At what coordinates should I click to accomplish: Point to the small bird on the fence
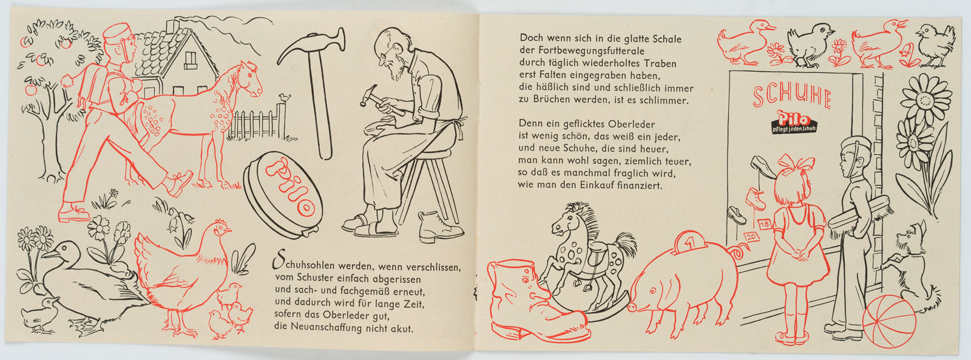pos(285,98)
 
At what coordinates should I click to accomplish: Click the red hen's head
pos(222,228)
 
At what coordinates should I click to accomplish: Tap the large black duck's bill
pos(49,253)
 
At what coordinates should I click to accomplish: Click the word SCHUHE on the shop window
pos(792,97)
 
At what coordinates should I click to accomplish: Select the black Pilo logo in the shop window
pos(794,122)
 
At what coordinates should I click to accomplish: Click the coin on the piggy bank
pos(689,241)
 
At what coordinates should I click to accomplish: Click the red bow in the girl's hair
pos(796,163)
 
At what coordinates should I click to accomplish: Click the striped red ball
pos(889,321)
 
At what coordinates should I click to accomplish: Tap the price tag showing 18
pos(765,224)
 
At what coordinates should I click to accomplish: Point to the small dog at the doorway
pos(907,265)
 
